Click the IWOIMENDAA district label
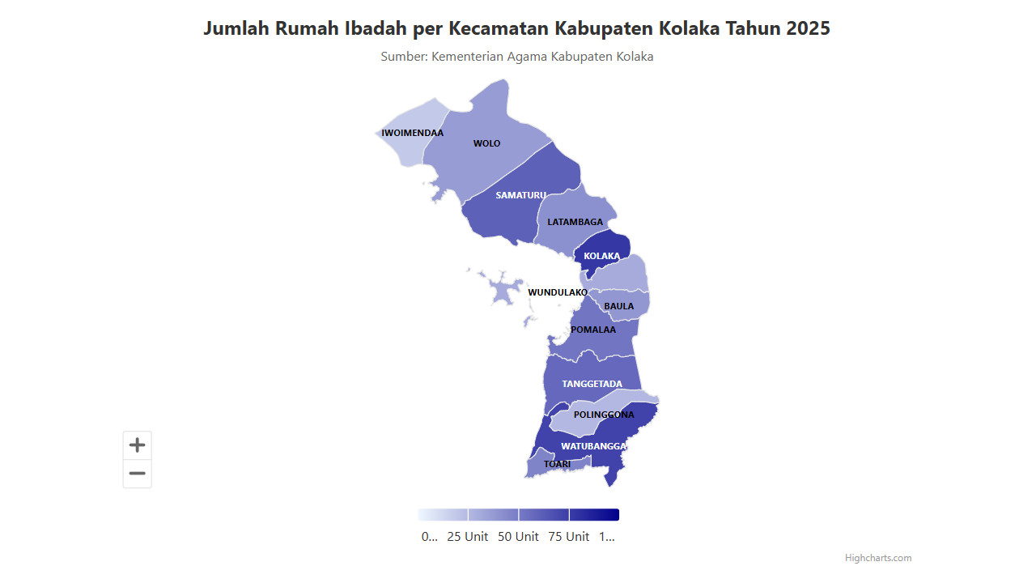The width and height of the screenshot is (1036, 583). tap(412, 133)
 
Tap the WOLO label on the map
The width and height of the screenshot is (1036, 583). tap(486, 143)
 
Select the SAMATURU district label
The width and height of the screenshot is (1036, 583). tap(520, 195)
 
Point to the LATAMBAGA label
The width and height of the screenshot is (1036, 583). tap(575, 222)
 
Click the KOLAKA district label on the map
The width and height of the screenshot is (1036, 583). tap(601, 256)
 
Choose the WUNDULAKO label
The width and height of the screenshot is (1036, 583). tap(558, 292)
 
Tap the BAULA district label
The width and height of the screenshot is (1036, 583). tap(618, 306)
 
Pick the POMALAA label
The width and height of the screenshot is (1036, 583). tap(592, 330)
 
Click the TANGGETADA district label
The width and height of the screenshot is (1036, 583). tap(592, 384)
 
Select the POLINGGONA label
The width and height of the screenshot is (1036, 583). tap(604, 415)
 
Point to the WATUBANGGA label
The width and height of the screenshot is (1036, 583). tap(594, 446)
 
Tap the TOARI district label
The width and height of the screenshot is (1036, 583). tap(557, 464)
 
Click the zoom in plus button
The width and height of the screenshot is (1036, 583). tap(138, 445)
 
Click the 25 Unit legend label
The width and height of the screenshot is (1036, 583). tap(467, 537)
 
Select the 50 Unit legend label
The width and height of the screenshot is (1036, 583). tap(518, 537)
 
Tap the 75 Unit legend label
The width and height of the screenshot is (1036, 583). tap(568, 537)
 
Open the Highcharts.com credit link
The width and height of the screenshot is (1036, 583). tap(877, 558)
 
